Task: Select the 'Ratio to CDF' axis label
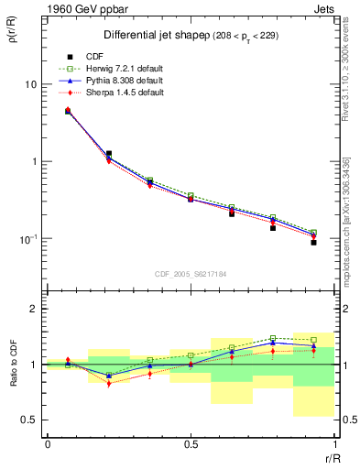(16, 364)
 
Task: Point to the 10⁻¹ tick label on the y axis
(29, 239)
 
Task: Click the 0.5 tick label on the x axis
(190, 444)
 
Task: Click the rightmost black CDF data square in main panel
(313, 243)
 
